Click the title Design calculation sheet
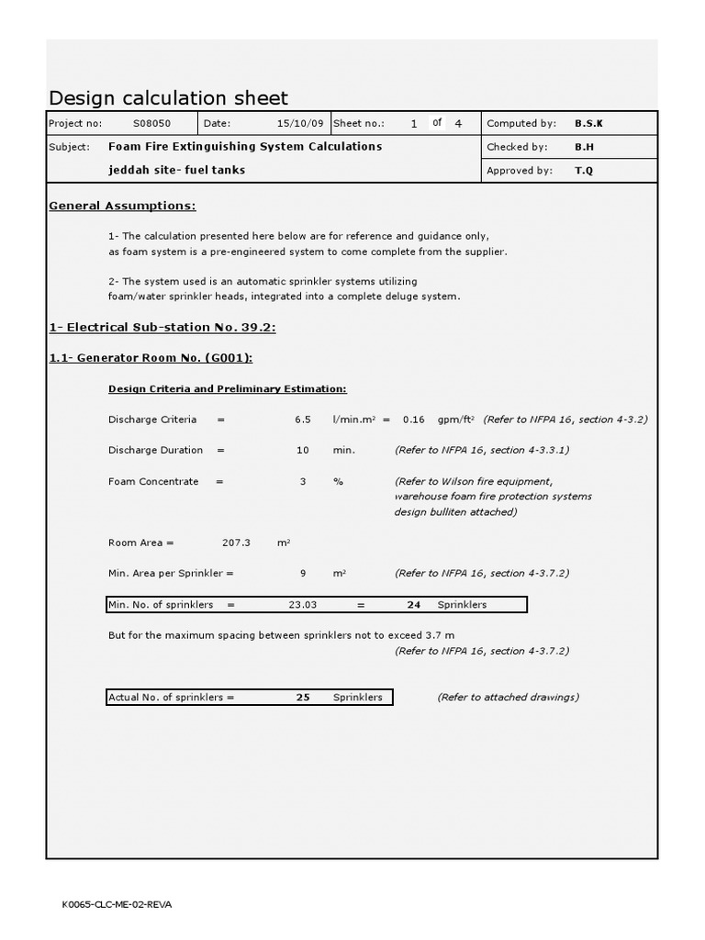[168, 98]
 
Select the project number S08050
[151, 123]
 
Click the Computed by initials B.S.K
[588, 123]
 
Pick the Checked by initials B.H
[584, 147]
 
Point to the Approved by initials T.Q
[584, 170]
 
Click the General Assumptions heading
[122, 206]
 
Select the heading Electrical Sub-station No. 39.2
[162, 327]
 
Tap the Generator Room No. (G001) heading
[151, 358]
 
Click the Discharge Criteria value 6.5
[303, 420]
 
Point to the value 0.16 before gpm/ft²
[414, 420]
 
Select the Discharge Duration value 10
[303, 451]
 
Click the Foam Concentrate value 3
[303, 481]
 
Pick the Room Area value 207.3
[237, 543]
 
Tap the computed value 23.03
[302, 605]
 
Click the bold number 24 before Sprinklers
[413, 605]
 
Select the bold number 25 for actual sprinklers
[303, 698]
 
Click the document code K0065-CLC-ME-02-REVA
[117, 904]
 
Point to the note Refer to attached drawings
[508, 698]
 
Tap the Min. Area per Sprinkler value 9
[303, 574]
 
